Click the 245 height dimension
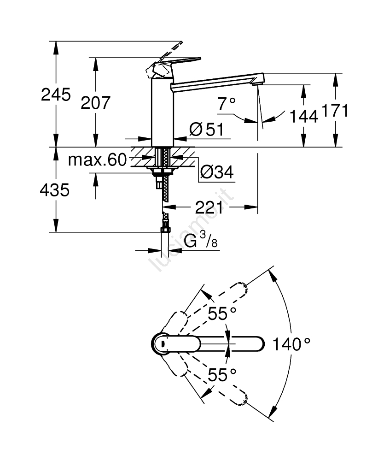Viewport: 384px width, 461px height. click(x=56, y=95)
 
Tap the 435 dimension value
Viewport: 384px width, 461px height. click(x=56, y=189)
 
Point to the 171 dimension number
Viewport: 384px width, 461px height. click(x=335, y=111)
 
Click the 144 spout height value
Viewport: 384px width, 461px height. click(x=304, y=116)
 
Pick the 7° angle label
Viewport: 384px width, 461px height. click(x=227, y=105)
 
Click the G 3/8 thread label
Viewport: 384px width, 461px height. click(x=201, y=242)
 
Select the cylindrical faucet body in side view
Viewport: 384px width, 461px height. click(x=162, y=111)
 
